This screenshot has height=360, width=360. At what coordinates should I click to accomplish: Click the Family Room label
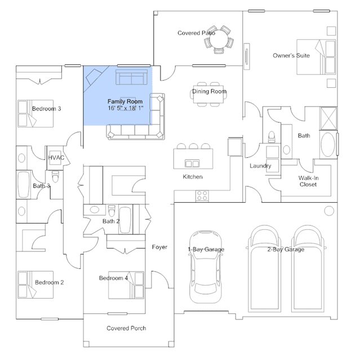click(125, 101)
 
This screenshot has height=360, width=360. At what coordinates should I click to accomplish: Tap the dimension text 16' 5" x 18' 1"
click(126, 108)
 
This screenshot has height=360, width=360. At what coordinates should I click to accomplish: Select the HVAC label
click(56, 158)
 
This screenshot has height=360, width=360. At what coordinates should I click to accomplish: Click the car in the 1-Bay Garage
click(206, 267)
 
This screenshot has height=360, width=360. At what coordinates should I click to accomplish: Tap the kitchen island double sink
click(192, 163)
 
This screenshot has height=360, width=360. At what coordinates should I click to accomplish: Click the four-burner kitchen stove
click(202, 196)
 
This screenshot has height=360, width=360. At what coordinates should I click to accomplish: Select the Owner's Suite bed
click(316, 57)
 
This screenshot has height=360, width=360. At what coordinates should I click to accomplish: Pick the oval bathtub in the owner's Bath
click(328, 145)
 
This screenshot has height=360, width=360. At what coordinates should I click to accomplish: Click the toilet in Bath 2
click(112, 211)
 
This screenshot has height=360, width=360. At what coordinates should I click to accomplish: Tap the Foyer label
click(159, 247)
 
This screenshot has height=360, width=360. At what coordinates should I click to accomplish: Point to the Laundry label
click(260, 166)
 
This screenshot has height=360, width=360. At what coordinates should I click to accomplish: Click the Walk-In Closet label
click(308, 181)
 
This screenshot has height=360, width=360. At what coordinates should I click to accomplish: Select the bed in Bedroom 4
click(126, 285)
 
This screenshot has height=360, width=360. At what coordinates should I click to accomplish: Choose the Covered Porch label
click(126, 328)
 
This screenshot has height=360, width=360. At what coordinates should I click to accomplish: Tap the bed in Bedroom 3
click(35, 113)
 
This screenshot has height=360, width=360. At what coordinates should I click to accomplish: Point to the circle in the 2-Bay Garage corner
click(329, 211)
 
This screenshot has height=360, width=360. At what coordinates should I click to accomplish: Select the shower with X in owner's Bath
click(328, 118)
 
